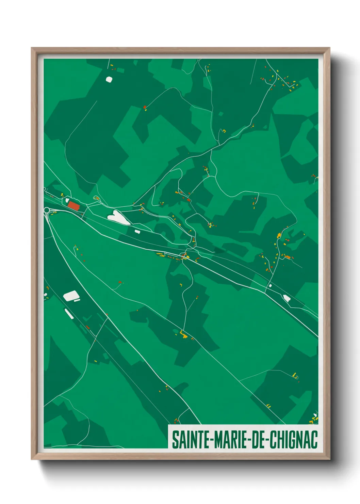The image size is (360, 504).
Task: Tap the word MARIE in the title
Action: pos(232,440)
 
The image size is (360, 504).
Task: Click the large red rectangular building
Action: pos(73,205)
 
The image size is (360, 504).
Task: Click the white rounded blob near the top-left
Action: pos(109,79)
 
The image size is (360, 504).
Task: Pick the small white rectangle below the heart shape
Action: pos(137,232)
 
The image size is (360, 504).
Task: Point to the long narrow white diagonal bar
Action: pos(69,314)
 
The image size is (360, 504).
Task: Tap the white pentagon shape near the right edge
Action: pos(287,298)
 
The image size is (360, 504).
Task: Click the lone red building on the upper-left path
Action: pos(145,107)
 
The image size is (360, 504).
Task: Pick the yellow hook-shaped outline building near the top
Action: pos(224,130)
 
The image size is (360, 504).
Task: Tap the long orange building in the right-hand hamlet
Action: pos(288,257)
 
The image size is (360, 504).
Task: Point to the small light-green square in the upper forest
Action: pos(221,114)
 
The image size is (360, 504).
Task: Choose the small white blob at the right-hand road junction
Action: pos(270,285)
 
